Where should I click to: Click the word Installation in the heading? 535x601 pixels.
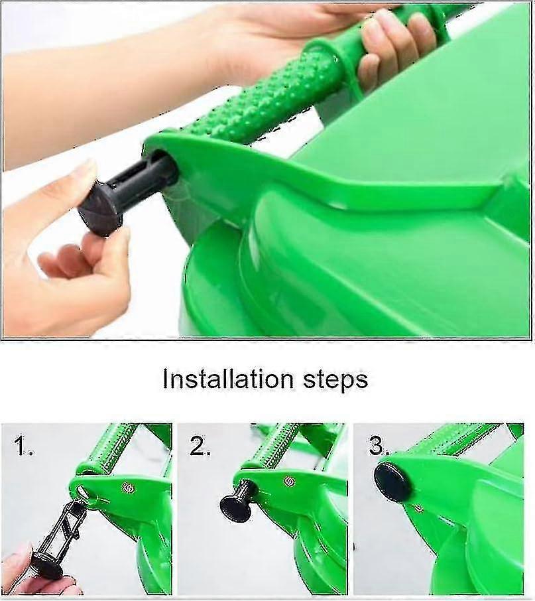tap(227, 379)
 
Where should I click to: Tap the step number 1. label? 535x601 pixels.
tap(24, 448)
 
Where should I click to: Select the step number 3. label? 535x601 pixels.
tap(379, 446)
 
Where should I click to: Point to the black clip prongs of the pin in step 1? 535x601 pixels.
tap(66, 527)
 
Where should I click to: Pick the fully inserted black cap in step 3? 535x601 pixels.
tap(392, 482)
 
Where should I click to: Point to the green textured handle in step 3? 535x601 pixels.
tap(464, 438)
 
